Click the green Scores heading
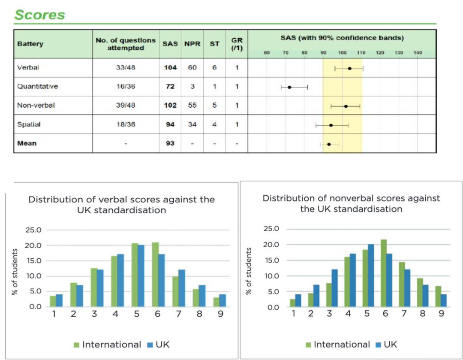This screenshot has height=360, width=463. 39,15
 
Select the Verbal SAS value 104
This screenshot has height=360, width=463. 170,68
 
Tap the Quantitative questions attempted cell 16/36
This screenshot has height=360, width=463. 126,87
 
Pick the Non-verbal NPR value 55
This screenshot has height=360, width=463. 192,106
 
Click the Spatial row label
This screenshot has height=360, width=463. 29,124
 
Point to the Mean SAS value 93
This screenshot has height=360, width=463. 170,143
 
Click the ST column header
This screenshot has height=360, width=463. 214,44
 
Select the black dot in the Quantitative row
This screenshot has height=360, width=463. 290,87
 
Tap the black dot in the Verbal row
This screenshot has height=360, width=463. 350,69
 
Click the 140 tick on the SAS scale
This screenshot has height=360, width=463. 418,53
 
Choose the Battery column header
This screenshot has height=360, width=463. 30,44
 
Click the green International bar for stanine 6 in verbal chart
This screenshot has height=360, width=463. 155,275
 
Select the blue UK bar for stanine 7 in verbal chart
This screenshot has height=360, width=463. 182,288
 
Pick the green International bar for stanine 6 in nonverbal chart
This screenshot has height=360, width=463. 384,273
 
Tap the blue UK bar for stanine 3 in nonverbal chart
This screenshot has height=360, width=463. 334,288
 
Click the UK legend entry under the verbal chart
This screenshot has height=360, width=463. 158,345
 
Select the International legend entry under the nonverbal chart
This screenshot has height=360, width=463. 337,345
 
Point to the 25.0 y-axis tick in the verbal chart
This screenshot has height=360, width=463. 33,230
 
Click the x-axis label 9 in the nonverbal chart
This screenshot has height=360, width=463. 442,314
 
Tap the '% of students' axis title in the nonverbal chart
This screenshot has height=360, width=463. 249,271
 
